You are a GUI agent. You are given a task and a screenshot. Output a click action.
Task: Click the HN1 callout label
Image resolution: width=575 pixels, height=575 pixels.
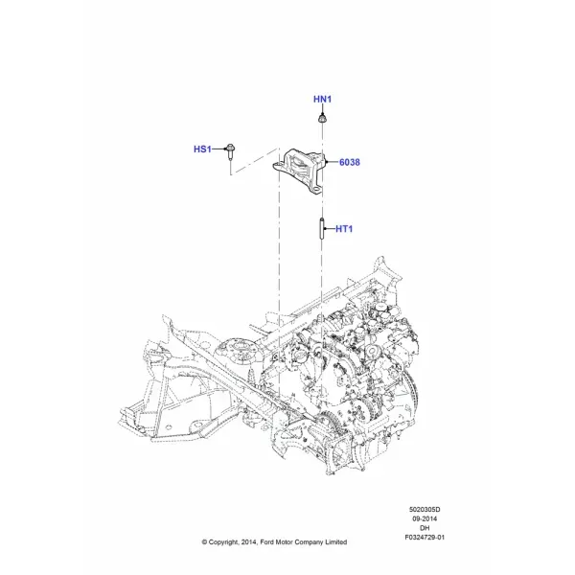[x=322, y=99]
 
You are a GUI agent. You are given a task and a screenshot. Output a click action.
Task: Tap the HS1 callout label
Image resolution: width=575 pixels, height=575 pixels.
[x=202, y=149]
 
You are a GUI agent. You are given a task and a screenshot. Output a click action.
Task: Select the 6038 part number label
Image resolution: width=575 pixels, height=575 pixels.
[x=350, y=162]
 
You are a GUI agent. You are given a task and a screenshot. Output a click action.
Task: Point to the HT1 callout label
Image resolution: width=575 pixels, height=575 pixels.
[x=344, y=229]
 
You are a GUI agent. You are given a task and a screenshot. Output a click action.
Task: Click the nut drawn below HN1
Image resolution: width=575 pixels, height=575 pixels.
[x=322, y=119]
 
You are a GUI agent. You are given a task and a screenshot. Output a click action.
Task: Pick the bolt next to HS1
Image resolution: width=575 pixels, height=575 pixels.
[x=230, y=151]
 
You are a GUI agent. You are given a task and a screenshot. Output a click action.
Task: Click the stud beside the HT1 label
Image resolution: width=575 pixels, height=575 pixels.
[x=322, y=228]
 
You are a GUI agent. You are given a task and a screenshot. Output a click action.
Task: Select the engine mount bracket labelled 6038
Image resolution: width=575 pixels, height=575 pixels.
[x=298, y=171]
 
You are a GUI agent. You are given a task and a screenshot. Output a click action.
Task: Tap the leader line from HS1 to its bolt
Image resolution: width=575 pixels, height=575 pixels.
[x=218, y=149]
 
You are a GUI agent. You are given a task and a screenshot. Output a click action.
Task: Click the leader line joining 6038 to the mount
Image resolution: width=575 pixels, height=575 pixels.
[x=333, y=162]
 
